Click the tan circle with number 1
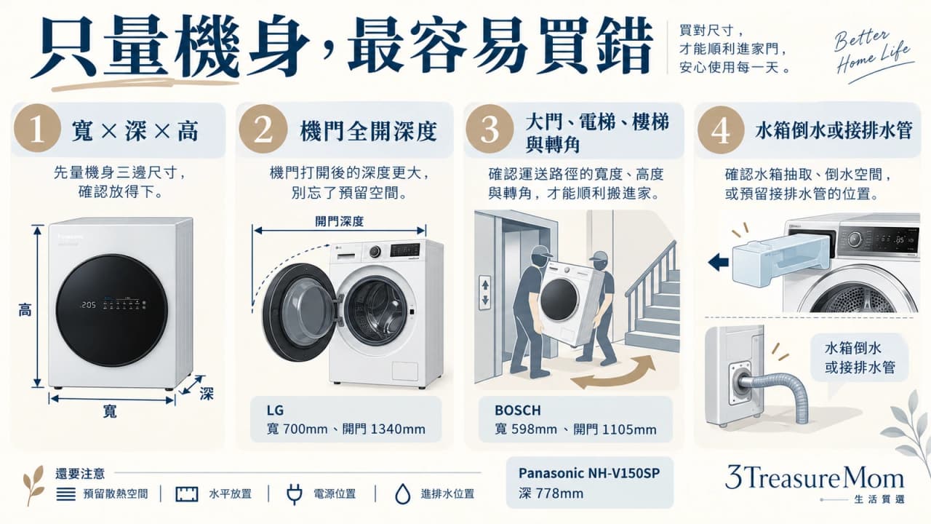point(37,128)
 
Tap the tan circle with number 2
point(263,129)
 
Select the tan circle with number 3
point(490,129)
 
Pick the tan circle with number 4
point(720,130)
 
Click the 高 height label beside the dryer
point(25,310)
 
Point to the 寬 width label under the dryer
point(110,411)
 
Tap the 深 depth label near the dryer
point(206,394)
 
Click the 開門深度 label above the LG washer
point(339,221)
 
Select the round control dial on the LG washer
point(375,251)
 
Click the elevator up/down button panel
point(485,293)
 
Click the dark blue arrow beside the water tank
point(719,262)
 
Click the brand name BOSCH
point(518,410)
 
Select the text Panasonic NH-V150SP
point(589,473)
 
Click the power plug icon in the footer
point(295,494)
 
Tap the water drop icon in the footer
point(402,494)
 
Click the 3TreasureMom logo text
point(815,477)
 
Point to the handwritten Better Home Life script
point(873,52)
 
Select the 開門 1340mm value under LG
point(383,429)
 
